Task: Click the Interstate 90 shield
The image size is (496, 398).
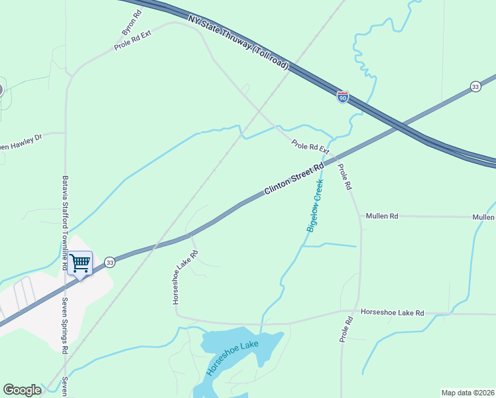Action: pyautogui.click(x=342, y=97)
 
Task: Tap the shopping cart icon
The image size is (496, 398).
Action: pyautogui.click(x=80, y=263)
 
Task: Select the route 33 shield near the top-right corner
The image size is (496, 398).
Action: pyautogui.click(x=475, y=87)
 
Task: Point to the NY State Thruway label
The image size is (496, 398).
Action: pyautogui.click(x=239, y=43)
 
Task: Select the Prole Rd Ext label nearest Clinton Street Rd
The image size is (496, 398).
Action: pyautogui.click(x=310, y=147)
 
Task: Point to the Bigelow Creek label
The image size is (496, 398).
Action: pyautogui.click(x=314, y=204)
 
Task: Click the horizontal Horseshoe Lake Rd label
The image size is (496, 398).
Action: pyautogui.click(x=392, y=312)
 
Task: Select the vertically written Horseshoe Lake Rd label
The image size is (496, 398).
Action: pyautogui.click(x=185, y=277)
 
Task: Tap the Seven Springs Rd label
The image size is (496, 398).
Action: pyautogui.click(x=65, y=326)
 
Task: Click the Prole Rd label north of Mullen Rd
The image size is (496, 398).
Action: pyautogui.click(x=343, y=177)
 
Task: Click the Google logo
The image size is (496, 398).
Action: pyautogui.click(x=22, y=390)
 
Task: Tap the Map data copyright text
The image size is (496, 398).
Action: pyautogui.click(x=467, y=393)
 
